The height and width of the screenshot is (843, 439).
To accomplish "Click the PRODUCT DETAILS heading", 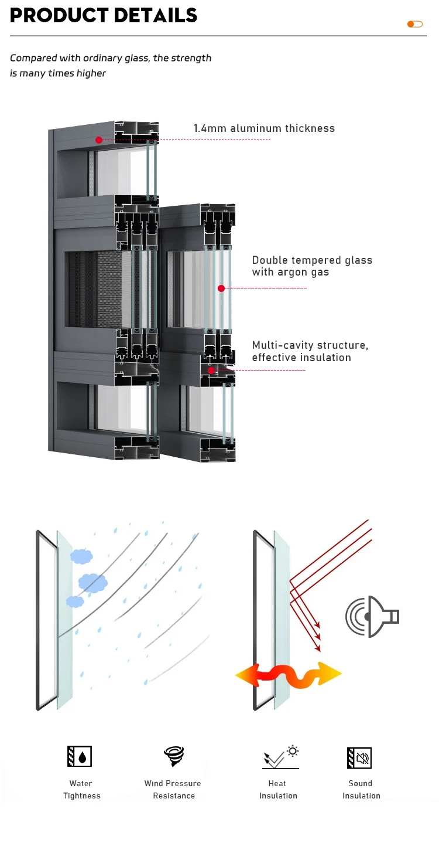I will coord(104,15).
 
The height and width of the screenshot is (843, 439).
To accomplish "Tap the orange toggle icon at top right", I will coord(414,24).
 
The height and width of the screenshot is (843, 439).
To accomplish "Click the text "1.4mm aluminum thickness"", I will coord(264,128).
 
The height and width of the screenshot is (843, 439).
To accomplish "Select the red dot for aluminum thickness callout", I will coord(99,140).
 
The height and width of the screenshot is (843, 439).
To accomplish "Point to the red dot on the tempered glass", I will coord(221,288).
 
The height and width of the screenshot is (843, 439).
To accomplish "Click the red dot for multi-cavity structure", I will coord(211,370).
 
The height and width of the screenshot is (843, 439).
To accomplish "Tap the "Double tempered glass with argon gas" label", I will coord(312,266).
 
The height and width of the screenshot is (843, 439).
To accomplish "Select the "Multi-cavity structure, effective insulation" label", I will coord(310,351).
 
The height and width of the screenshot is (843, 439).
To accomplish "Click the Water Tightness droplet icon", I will coord(80,757).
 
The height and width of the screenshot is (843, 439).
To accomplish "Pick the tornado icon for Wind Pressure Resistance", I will coord(174,756).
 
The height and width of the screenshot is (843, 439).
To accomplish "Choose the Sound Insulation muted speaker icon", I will coord(359,757).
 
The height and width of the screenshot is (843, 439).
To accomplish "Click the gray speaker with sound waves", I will coord(371,616).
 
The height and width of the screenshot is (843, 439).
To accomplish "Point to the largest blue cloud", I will coord(93,582).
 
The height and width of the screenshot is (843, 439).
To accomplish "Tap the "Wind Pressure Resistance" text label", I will coord(173,789).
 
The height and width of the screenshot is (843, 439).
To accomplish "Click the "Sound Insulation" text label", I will coord(361,789).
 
